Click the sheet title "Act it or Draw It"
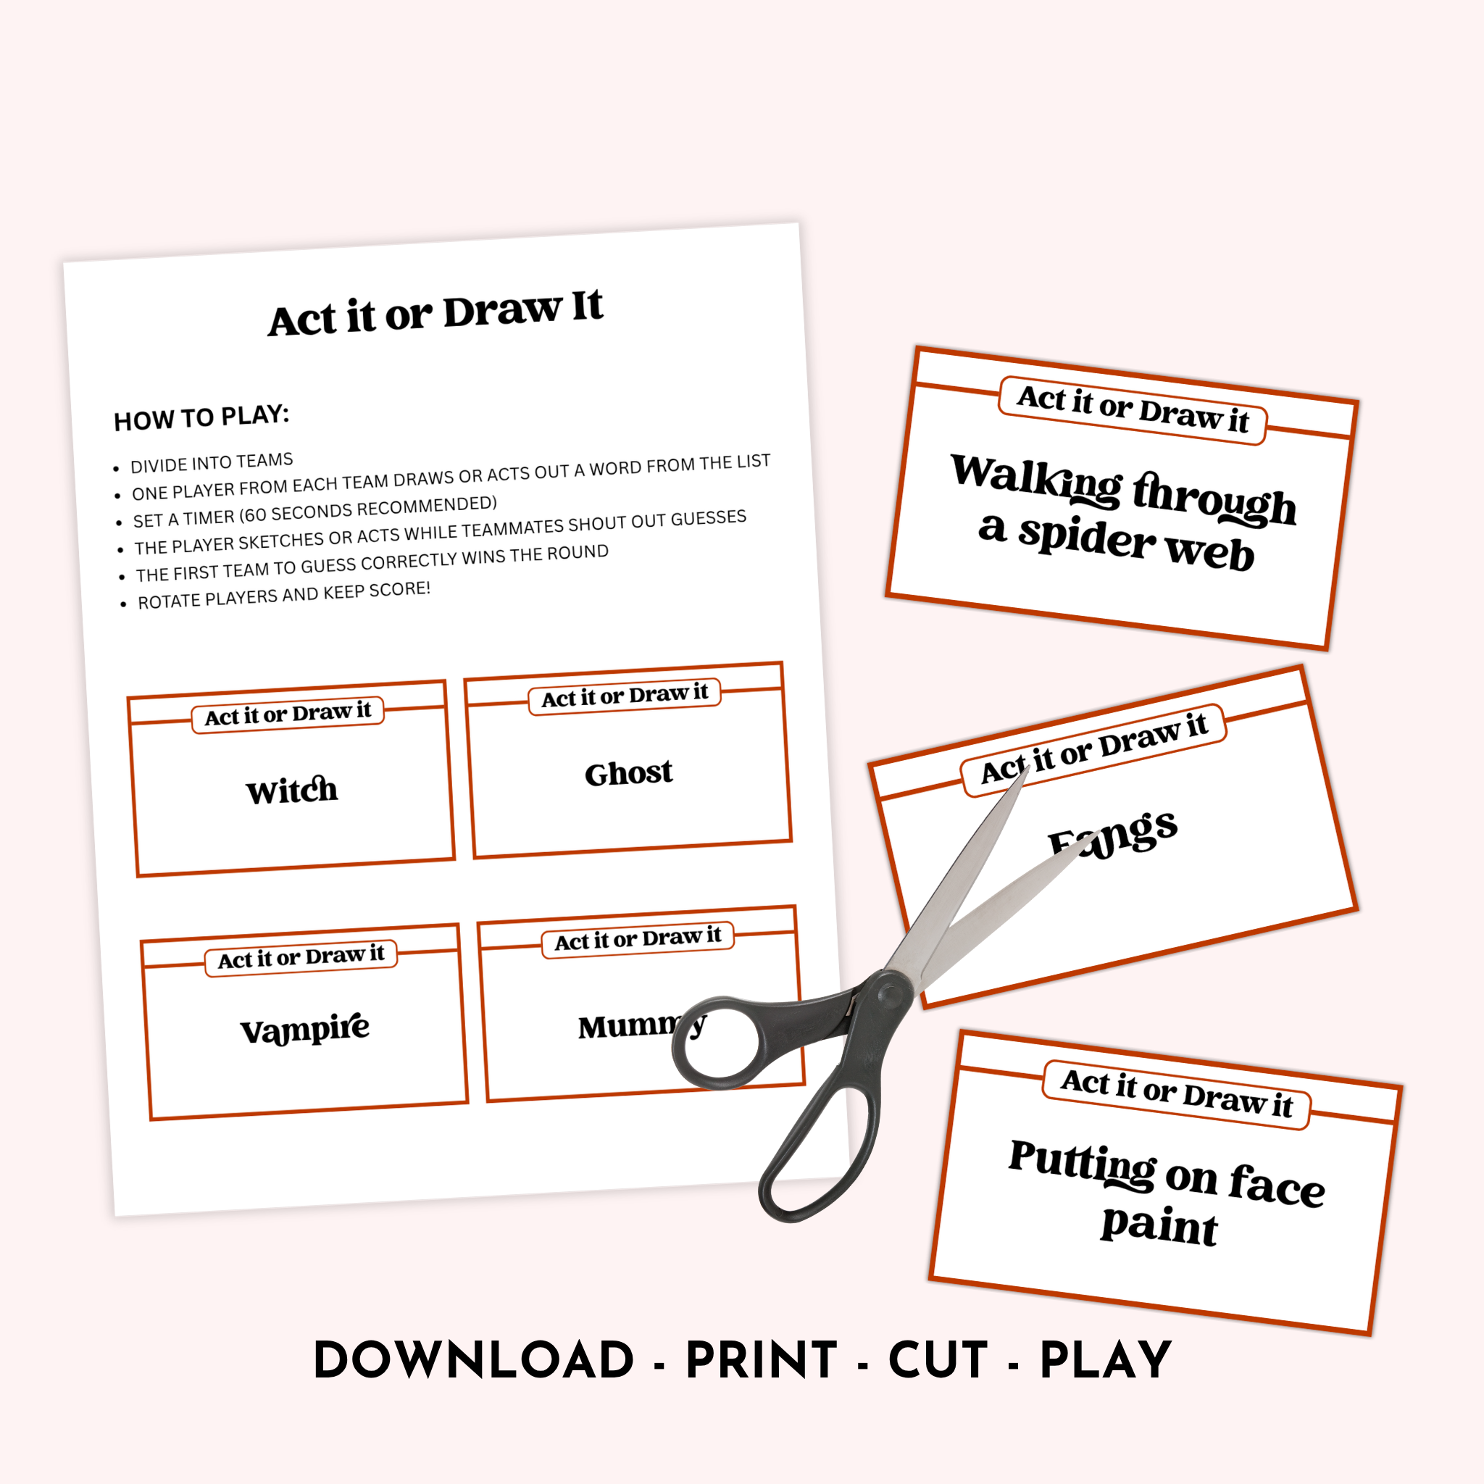point(435,312)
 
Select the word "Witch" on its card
point(292,791)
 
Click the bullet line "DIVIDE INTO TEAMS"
point(212,462)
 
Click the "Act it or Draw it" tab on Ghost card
point(625,696)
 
